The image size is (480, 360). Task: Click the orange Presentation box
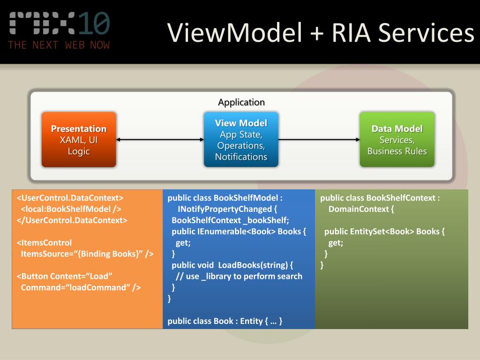79,140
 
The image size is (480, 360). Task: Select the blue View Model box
241,140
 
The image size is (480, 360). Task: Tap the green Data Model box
397,140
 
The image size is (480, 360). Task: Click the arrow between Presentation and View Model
160,140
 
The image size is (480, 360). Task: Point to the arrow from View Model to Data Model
319,140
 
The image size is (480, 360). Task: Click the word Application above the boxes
241,102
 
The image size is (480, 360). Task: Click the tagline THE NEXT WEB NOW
59,45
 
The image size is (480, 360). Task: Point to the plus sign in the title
317,33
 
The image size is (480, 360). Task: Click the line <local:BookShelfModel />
71,209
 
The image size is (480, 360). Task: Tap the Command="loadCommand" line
81,287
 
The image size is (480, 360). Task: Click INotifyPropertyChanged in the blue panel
225,209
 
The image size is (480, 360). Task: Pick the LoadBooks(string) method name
253,265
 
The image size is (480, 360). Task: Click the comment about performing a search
239,277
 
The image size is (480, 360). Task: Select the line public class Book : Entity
225,321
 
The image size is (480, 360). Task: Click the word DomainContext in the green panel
359,209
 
